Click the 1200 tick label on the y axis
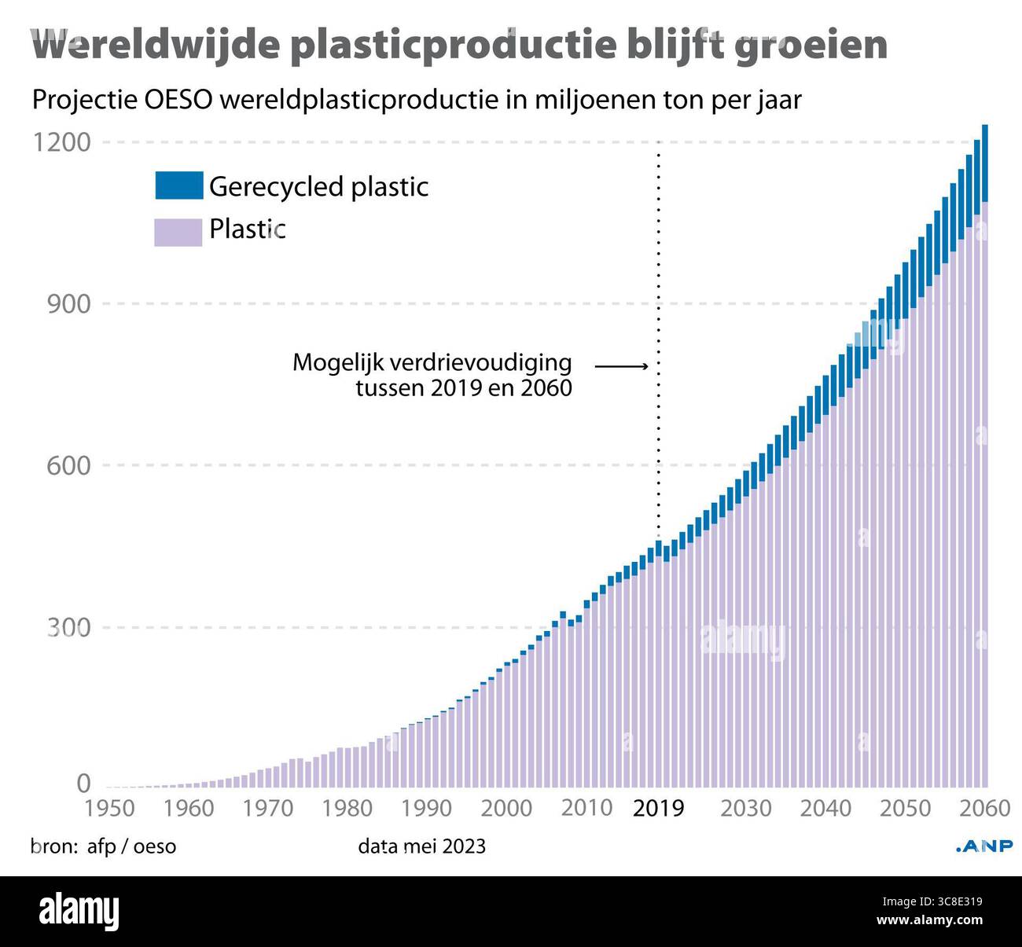[x=61, y=142]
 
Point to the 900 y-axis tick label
[x=68, y=304]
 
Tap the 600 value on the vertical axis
[x=68, y=465]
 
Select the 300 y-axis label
[x=68, y=628]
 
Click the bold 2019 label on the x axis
[x=658, y=808]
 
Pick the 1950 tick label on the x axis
[x=109, y=808]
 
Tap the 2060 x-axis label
[x=983, y=808]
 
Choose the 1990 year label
[x=426, y=808]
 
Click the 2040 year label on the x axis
[x=825, y=808]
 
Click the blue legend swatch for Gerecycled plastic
[x=178, y=185]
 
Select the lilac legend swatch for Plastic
[x=178, y=231]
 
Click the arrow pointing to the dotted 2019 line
[x=621, y=365]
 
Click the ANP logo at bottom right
[x=983, y=846]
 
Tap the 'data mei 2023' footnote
[x=421, y=846]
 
